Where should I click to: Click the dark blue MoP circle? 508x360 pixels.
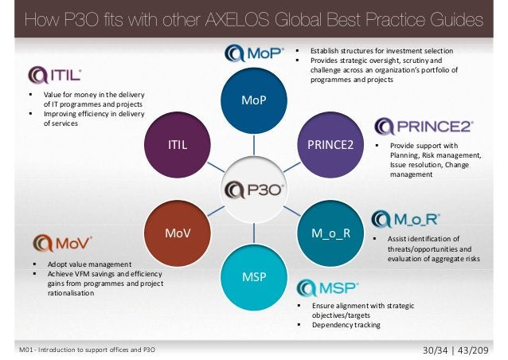[x=254, y=100]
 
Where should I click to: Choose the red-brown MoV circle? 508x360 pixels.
[x=176, y=234]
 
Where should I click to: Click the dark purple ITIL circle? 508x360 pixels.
[x=176, y=145]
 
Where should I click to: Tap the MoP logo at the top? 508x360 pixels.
[x=254, y=54]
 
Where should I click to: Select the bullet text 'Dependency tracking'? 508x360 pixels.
[x=346, y=325]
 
